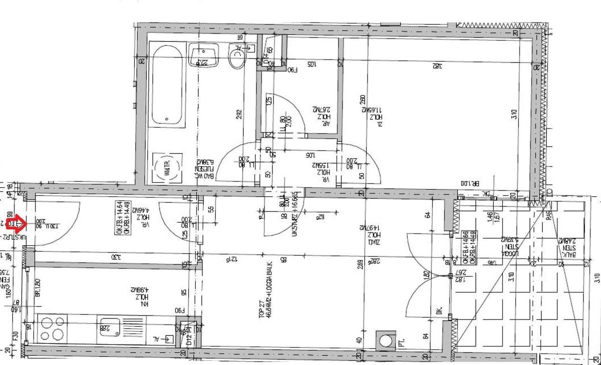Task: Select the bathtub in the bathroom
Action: click(168, 85)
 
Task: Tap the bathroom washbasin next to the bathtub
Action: click(203, 55)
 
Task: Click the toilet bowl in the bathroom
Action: click(236, 57)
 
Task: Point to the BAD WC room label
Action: click(203, 171)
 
